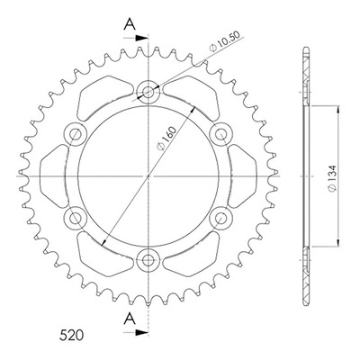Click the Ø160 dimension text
[166, 139]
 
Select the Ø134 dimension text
[333, 177]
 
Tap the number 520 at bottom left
[71, 335]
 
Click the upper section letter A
[130, 24]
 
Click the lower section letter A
[130, 319]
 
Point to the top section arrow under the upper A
[136, 38]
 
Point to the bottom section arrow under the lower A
[136, 332]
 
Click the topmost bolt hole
[148, 92]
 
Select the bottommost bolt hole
[148, 260]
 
